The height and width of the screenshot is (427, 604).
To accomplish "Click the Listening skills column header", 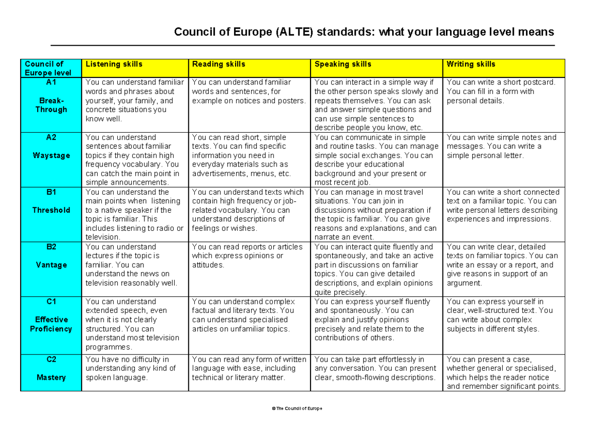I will click(x=114, y=64).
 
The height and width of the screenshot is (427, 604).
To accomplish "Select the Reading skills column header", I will click(x=219, y=64).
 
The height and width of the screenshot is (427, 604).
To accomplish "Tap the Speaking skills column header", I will click(x=343, y=64).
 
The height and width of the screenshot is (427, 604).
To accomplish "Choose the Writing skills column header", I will click(x=471, y=64).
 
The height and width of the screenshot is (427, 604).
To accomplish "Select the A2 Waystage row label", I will click(x=51, y=151).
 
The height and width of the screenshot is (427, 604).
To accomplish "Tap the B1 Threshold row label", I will click(x=51, y=206).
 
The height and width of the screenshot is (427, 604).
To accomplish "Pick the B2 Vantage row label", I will click(x=51, y=261).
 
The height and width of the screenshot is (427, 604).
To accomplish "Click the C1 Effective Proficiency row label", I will click(x=51, y=320).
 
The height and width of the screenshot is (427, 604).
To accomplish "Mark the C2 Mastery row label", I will click(x=51, y=373).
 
